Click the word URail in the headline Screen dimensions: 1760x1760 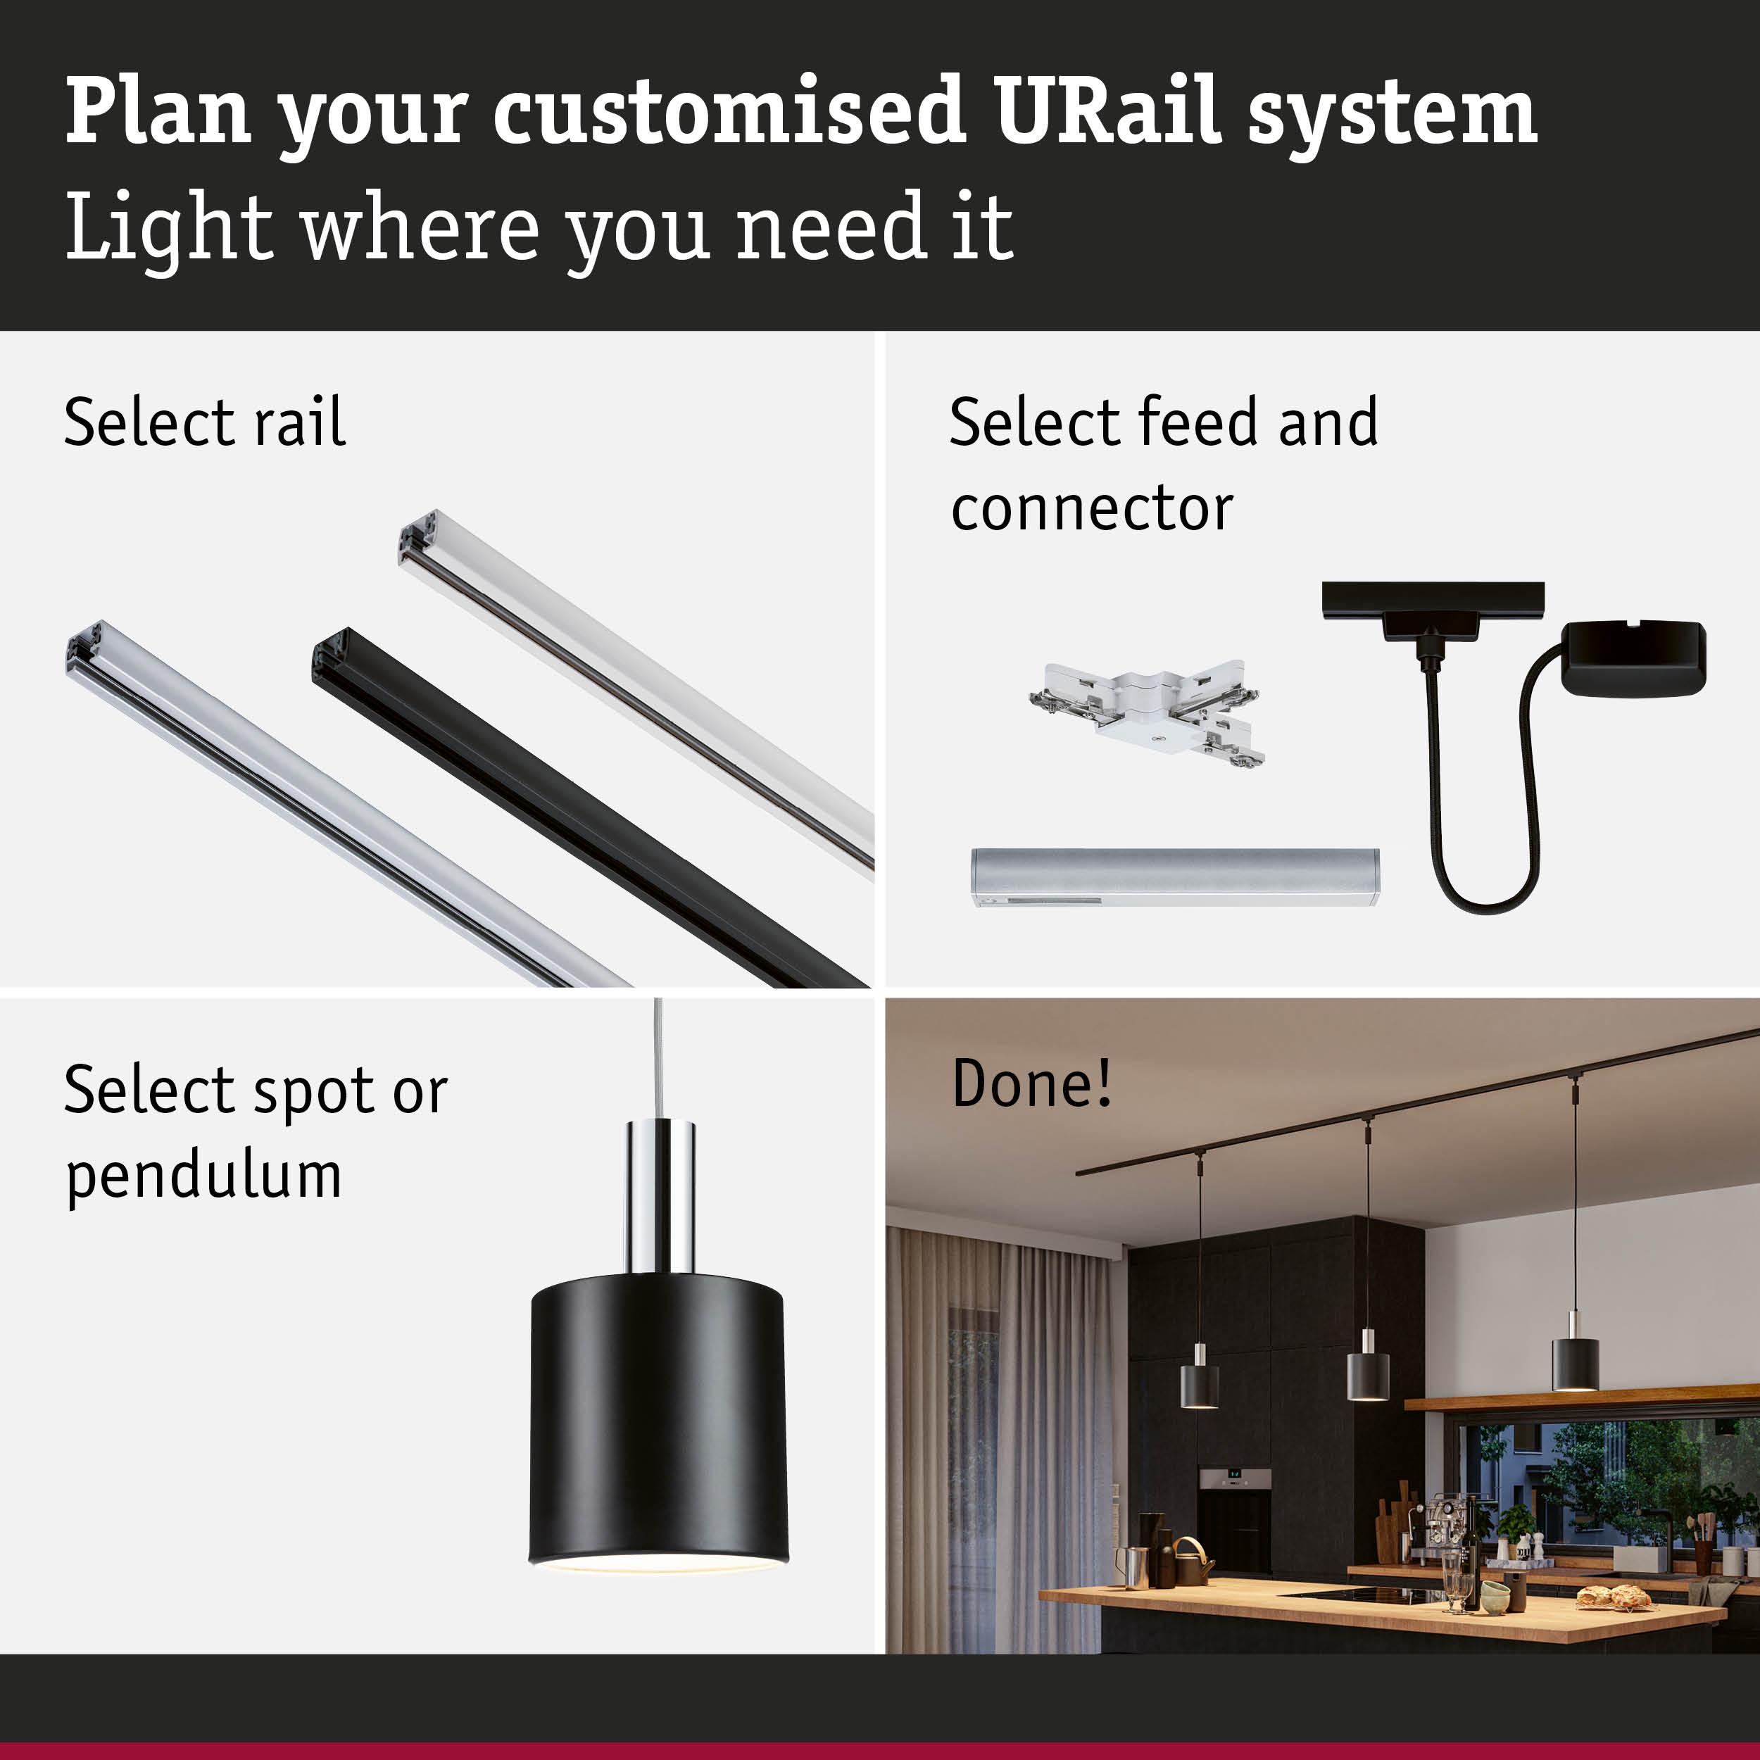click(x=1107, y=111)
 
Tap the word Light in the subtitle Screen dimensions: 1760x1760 click(x=168, y=227)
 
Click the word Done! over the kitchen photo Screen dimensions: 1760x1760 click(x=1031, y=1083)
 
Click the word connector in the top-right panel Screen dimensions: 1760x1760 click(x=1091, y=508)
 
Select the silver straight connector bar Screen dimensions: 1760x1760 click(x=1174, y=876)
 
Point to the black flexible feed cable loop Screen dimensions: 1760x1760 click(x=1485, y=874)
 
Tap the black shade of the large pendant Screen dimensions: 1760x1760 click(x=658, y=1421)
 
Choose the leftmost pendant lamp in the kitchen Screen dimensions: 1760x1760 click(x=1200, y=1385)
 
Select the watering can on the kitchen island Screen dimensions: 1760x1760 click(x=1190, y=1561)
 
